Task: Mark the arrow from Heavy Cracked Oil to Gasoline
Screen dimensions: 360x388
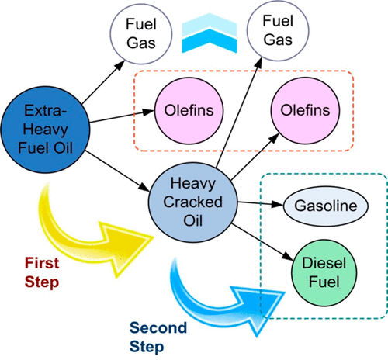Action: (257, 204)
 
